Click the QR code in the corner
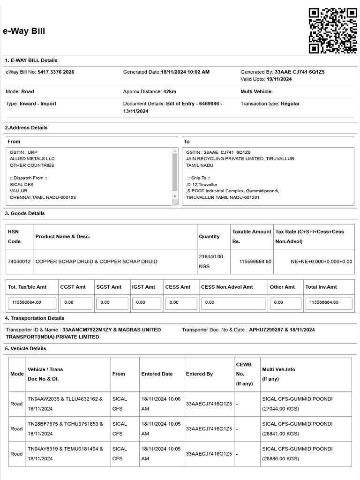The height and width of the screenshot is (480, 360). (x=333, y=31)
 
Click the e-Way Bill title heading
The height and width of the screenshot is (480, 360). (x=24, y=31)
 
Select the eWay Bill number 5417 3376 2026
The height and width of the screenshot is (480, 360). (x=56, y=72)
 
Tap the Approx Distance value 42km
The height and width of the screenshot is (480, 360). (x=170, y=92)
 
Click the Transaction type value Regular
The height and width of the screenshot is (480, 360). (x=290, y=104)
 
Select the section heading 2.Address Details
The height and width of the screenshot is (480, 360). (x=26, y=128)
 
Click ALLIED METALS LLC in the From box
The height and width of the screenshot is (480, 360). (x=32, y=159)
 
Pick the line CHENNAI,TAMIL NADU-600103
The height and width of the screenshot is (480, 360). (x=43, y=197)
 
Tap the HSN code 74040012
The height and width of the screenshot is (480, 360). (x=19, y=262)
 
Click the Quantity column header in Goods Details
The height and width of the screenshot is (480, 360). (x=209, y=237)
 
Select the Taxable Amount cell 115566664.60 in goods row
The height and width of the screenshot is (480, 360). (x=255, y=262)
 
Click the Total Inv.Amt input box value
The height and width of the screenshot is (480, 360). (x=329, y=303)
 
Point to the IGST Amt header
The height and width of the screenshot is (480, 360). (x=143, y=287)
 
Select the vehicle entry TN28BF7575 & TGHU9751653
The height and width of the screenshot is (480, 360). (x=65, y=424)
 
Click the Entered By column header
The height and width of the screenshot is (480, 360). (x=199, y=374)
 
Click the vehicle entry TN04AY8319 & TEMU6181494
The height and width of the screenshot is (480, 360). (x=65, y=449)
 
